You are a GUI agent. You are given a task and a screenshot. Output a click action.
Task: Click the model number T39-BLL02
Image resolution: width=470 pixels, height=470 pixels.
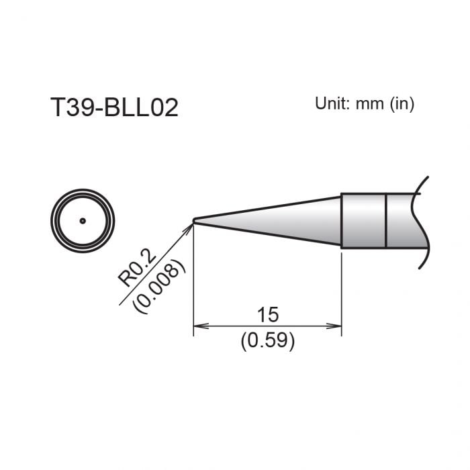(x=114, y=107)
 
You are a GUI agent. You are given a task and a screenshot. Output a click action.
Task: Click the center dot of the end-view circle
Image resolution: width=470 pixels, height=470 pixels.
(x=83, y=220)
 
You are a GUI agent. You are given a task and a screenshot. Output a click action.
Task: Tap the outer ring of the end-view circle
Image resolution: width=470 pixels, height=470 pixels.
(x=53, y=220)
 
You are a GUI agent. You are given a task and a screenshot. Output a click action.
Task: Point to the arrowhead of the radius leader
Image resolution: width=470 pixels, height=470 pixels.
(x=189, y=227)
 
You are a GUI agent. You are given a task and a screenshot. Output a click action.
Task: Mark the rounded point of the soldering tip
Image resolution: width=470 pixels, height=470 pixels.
(x=195, y=220)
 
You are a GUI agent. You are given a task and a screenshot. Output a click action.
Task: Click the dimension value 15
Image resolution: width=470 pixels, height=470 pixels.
(x=267, y=314)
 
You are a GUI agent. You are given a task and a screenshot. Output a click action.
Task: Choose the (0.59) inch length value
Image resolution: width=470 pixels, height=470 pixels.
(x=267, y=341)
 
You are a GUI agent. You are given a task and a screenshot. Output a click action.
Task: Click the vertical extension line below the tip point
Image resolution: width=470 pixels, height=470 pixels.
(x=193, y=282)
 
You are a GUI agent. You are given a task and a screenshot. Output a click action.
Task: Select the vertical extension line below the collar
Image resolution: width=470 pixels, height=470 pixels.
(x=342, y=289)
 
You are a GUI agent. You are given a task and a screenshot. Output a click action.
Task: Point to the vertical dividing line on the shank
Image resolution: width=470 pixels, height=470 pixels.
(x=386, y=220)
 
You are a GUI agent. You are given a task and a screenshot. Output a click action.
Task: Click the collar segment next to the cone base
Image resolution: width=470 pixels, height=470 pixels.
(x=363, y=220)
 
